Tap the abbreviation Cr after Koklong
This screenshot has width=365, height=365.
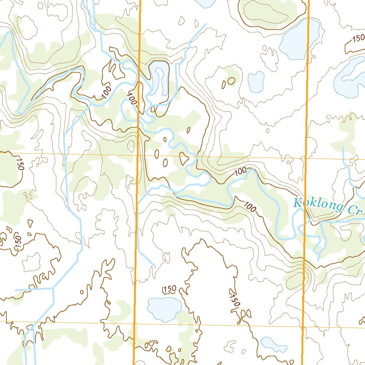355,210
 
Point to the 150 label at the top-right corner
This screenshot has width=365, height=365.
358,39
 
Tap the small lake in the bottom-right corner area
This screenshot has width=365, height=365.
272,344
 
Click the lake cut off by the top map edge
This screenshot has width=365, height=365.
204,3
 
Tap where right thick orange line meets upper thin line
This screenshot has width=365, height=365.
306,158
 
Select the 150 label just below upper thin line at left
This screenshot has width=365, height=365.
20,164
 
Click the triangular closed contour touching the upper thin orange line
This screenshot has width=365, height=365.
184,158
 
